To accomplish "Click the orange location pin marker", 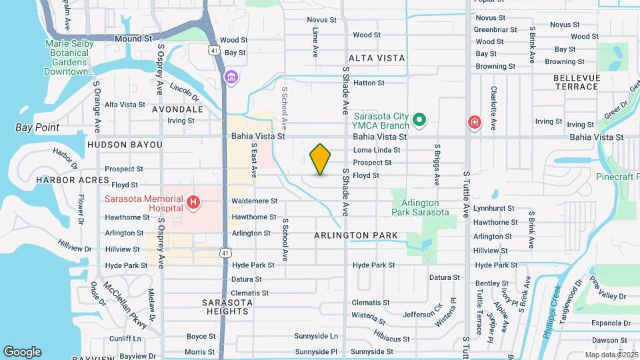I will [x=320, y=159].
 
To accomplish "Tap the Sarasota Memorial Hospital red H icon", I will [x=193, y=201].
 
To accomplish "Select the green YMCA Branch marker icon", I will [x=419, y=121].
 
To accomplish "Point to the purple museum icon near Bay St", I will [x=231, y=78].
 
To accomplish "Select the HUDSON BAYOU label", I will [x=124, y=145].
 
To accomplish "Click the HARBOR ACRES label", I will [x=73, y=180].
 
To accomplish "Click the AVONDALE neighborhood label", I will [x=177, y=109].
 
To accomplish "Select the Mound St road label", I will [x=133, y=39].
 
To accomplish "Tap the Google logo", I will [x=22, y=352].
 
